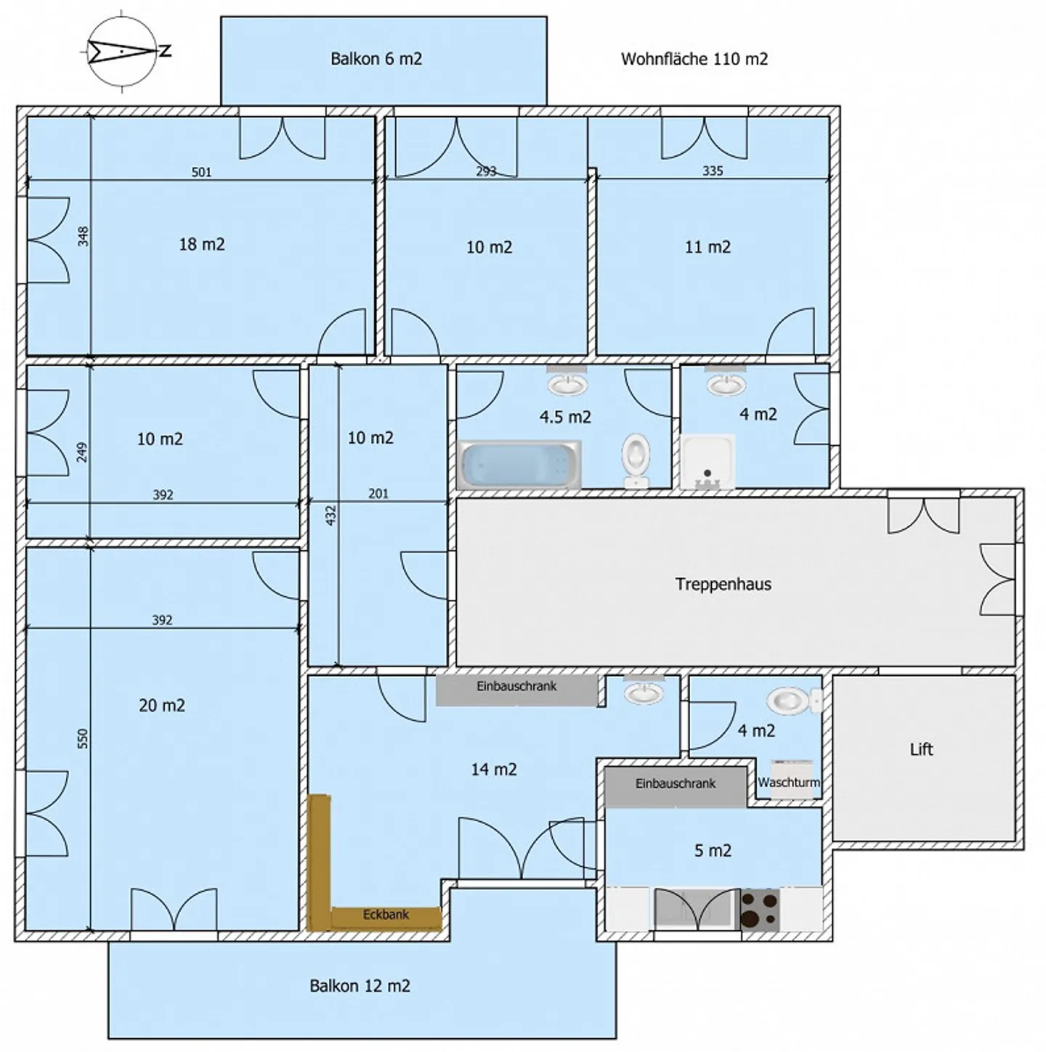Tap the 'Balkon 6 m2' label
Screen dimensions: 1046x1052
(376, 59)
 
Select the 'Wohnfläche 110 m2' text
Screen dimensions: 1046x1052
(694, 59)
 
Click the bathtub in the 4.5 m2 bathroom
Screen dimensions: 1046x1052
(519, 465)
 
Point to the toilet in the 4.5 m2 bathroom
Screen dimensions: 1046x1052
(636, 460)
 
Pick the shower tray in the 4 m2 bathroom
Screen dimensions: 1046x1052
(708, 461)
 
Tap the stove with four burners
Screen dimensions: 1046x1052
(760, 910)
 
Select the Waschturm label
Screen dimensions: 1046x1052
(789, 783)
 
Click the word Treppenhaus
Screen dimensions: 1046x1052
(723, 584)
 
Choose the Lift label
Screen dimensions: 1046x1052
(922, 749)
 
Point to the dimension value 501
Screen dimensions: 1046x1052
(201, 173)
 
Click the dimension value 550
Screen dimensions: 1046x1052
(83, 738)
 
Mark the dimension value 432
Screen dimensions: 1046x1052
(331, 516)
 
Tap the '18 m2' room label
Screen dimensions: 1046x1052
(202, 244)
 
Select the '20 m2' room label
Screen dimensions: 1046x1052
(162, 706)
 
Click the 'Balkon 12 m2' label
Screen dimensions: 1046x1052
(360, 986)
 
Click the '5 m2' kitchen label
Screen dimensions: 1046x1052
(713, 851)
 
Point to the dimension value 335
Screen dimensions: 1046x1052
(713, 171)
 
